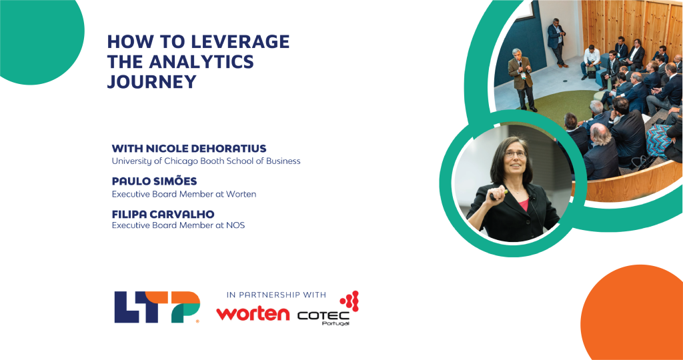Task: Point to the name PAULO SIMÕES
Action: coord(155,181)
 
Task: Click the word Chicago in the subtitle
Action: coord(199,161)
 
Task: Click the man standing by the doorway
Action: coord(556,41)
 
